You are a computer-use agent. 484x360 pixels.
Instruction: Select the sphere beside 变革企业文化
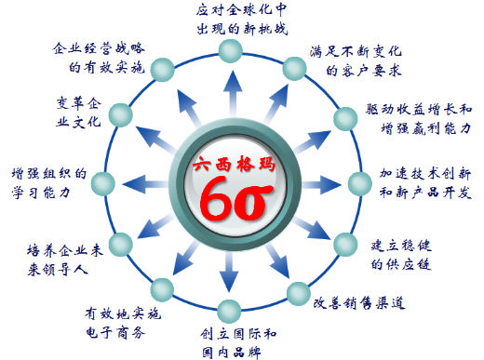click(x=117, y=113)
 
